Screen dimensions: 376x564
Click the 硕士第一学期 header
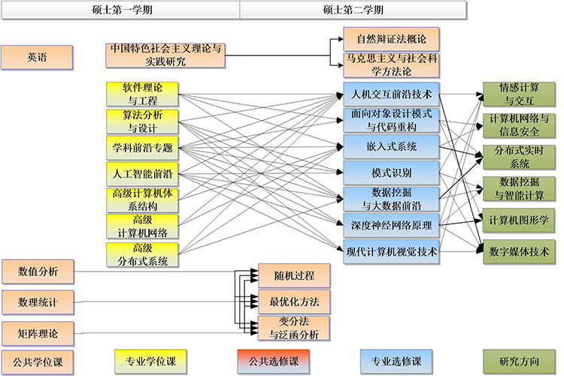120,10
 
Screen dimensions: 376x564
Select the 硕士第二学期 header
353,10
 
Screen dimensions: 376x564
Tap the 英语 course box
37,57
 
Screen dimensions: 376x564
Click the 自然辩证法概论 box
390,37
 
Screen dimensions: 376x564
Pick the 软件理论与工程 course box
142,94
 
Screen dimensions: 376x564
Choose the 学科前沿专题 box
142,147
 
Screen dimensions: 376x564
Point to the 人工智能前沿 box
142,174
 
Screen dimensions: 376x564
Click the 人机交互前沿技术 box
390,95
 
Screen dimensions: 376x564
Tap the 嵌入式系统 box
390,146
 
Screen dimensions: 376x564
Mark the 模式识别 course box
390,172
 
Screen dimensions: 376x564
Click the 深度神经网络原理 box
390,224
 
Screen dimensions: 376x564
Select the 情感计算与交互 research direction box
518,94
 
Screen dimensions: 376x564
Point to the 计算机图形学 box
518,219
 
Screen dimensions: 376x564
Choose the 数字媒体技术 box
518,251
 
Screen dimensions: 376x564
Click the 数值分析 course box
37,272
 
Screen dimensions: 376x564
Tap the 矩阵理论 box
37,331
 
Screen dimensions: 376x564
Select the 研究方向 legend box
518,361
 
